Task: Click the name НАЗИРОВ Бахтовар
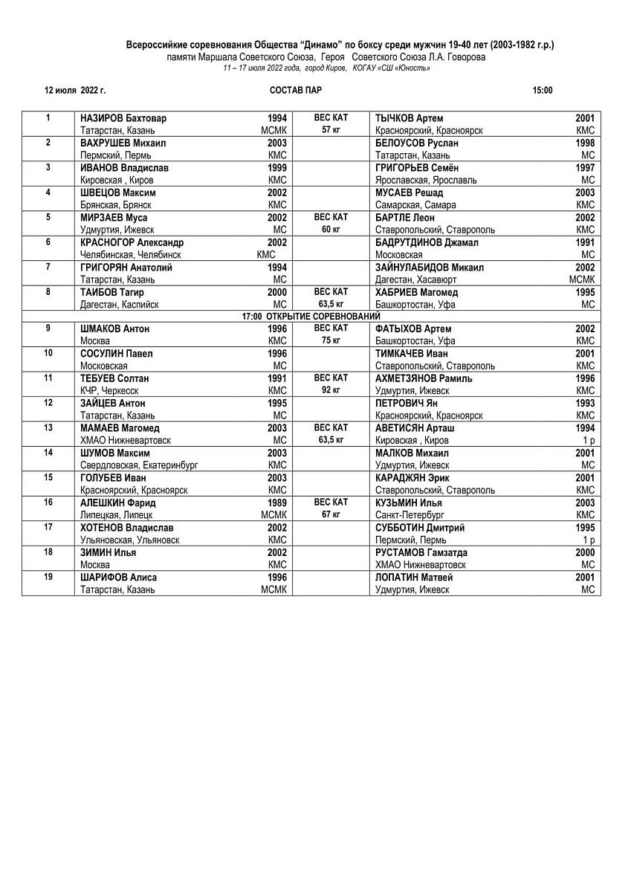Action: pos(123,118)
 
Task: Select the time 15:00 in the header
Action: pos(543,91)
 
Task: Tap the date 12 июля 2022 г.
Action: pos(75,91)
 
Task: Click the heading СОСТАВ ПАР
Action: pos(296,91)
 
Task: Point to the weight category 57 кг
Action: pos(331,130)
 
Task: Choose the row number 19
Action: pos(48,577)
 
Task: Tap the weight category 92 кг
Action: pos(331,390)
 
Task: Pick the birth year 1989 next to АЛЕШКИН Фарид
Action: pos(277,502)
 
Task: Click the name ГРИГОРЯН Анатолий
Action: pos(126,268)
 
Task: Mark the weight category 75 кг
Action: pos(331,340)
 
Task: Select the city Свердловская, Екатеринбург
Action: pos(139,465)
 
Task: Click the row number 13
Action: pos(48,427)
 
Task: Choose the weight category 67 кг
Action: pos(331,514)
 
